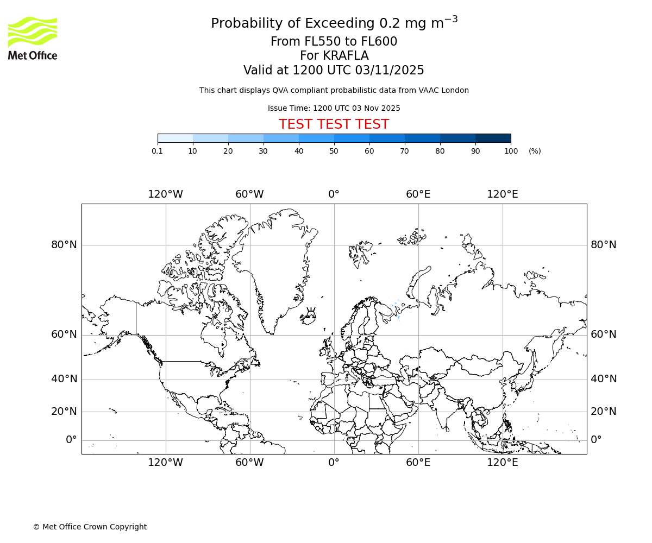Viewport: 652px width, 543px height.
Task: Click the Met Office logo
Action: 33,38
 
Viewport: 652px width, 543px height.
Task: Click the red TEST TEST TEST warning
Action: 334,124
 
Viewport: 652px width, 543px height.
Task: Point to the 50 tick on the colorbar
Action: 334,151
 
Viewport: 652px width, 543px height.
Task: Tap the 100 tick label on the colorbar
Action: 511,151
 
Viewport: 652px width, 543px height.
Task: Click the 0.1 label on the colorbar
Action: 158,151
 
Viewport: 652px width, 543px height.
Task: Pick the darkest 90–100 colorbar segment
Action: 493,138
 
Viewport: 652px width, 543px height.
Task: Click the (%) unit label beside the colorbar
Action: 535,151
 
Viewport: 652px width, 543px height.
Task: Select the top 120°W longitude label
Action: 165,194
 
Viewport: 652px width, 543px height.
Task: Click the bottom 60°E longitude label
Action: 418,463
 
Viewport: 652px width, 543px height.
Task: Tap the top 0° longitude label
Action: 334,194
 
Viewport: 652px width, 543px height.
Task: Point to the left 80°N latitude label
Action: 64,245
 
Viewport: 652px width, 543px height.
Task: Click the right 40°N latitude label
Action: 604,379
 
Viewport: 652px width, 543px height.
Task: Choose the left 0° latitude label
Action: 71,440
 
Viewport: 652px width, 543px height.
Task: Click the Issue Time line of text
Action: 334,108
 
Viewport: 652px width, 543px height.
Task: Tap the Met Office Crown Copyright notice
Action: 90,527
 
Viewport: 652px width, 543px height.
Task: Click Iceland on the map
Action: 309,317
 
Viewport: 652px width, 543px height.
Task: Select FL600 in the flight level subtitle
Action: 379,42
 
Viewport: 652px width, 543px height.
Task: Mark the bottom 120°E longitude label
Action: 502,463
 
